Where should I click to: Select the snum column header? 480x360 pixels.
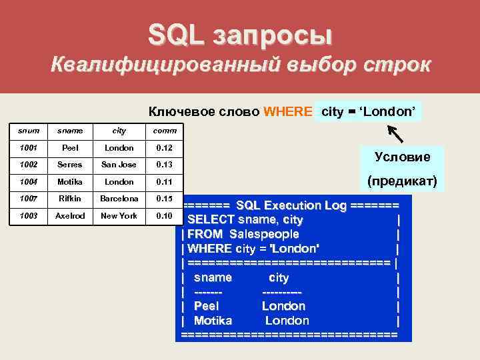coord(27,131)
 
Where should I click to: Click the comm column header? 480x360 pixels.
coord(164,131)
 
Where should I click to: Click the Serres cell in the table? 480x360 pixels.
coord(69,165)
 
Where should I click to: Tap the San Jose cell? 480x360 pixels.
coord(119,165)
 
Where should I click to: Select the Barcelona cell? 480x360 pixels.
coord(119,198)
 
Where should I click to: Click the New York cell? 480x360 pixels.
coord(119,215)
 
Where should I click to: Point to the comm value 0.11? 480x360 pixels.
coord(164,181)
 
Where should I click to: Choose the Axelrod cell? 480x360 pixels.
coord(69,215)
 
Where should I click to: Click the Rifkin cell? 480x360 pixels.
coord(69,198)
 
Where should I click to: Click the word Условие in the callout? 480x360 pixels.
coord(402,157)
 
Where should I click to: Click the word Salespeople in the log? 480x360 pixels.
coord(264,234)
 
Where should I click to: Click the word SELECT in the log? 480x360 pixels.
coord(211,219)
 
